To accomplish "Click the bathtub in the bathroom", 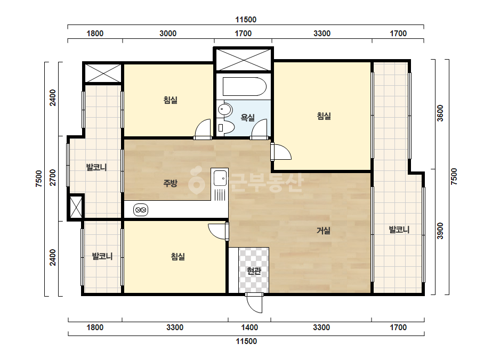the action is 245,87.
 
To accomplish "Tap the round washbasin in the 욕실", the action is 225,110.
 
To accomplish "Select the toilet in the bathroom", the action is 225,127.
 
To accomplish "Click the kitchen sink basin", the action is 220,178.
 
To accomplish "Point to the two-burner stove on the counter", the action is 141,210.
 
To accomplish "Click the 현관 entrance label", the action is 254,271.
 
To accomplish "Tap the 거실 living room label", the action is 324,231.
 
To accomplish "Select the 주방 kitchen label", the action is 171,183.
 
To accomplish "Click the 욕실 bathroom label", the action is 247,118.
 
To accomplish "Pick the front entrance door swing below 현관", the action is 254,303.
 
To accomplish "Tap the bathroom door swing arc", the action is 259,129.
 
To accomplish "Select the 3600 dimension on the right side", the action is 440,113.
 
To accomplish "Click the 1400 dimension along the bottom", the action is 249,328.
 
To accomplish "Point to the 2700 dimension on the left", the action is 53,177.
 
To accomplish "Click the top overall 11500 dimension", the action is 246,20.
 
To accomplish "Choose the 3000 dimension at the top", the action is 168,34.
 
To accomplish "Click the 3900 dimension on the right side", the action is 440,231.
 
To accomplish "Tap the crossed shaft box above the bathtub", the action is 244,60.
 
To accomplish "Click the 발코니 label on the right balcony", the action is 399,230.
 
